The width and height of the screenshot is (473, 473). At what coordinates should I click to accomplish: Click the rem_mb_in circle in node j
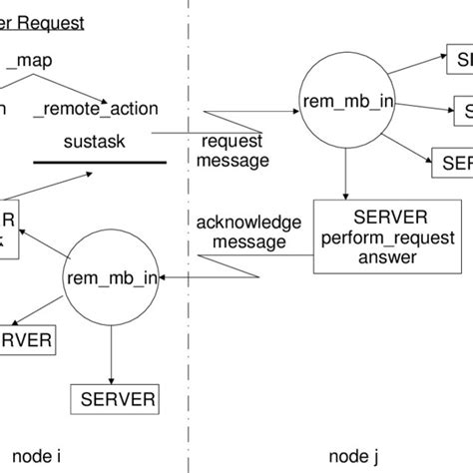[x=343, y=103]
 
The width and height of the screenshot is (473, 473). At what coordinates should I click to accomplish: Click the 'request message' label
[x=235, y=151]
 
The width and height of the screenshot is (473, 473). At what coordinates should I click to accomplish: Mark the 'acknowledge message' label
[x=241, y=232]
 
